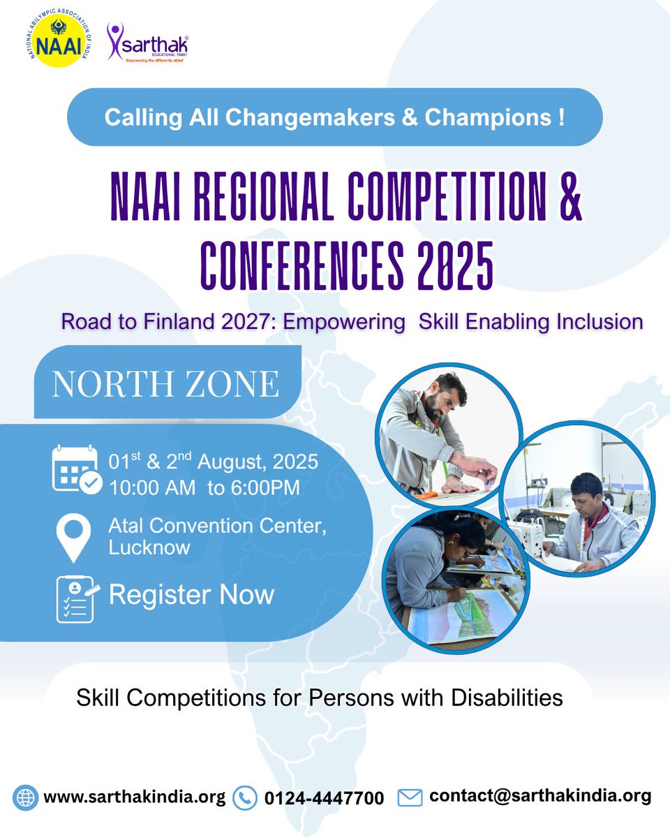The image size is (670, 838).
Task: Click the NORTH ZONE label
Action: (165, 383)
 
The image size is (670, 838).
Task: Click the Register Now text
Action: (191, 595)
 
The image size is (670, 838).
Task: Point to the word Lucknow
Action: (149, 547)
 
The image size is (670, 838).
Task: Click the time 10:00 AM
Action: (152, 487)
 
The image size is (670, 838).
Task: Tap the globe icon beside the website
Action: (25, 797)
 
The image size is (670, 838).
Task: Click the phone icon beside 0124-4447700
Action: (244, 797)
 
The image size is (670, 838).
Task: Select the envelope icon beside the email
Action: (410, 797)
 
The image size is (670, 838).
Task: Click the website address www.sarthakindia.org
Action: (135, 797)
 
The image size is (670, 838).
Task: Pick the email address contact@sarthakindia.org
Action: (540, 795)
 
